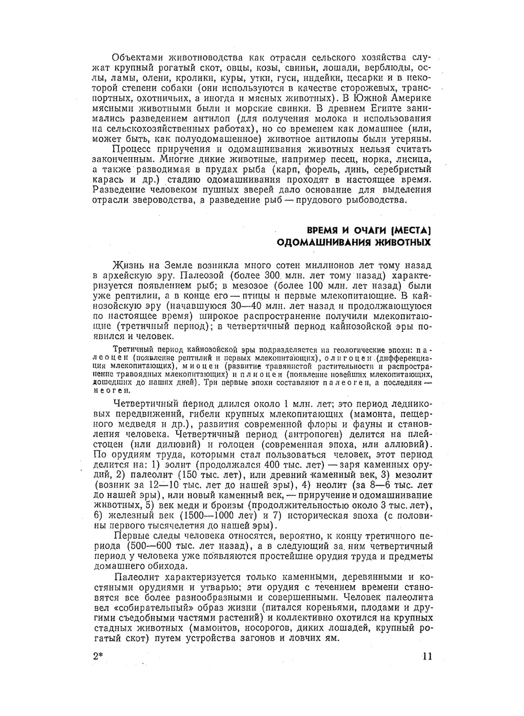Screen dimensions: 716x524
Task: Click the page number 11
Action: click(426, 656)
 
